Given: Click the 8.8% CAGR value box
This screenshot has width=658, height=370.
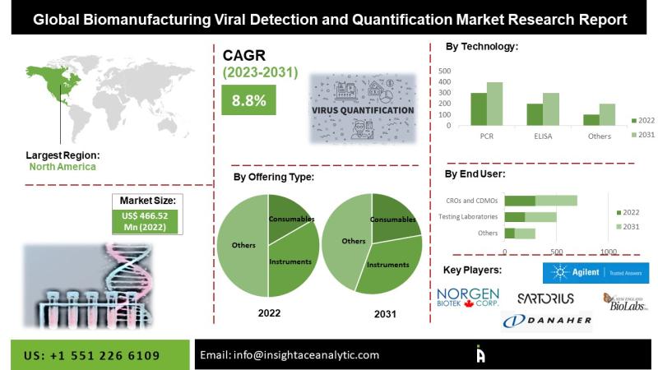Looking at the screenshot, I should (x=248, y=101).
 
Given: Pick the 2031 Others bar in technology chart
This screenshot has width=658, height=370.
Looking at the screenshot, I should (x=607, y=115).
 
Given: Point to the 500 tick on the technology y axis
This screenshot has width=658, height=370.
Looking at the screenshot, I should (x=444, y=71).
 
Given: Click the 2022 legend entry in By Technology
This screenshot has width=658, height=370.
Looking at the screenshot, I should (x=642, y=120).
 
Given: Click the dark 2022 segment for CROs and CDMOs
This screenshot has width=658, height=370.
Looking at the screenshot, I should (x=520, y=200).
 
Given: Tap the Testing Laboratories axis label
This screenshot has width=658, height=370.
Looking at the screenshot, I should (x=469, y=216).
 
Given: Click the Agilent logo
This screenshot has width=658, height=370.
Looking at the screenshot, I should (x=595, y=272).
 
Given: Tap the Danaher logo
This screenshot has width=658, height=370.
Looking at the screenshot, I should (x=547, y=320).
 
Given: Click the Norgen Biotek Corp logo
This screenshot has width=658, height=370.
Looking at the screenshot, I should (x=467, y=298).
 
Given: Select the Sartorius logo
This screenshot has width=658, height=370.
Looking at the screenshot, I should (x=546, y=298).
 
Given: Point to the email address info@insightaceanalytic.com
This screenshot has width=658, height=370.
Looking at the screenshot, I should (x=290, y=355).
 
